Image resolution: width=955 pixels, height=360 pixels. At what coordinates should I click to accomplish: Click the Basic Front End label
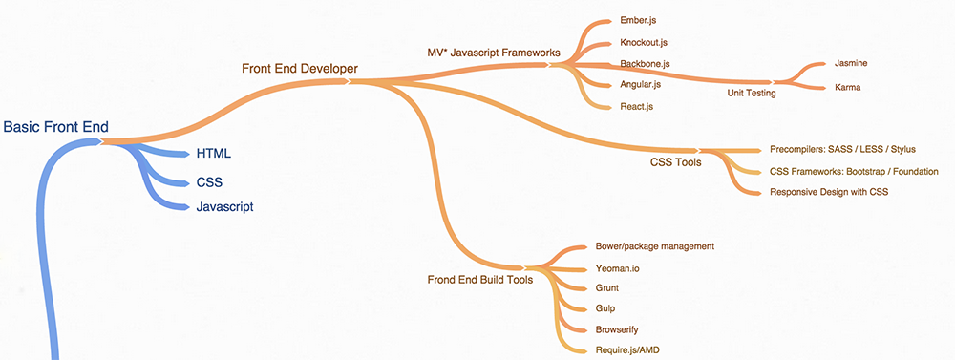click(56, 127)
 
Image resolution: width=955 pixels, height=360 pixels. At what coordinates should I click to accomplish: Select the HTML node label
click(213, 153)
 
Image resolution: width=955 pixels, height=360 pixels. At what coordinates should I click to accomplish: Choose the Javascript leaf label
click(224, 207)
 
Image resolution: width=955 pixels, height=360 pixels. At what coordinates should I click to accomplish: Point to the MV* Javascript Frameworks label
click(493, 53)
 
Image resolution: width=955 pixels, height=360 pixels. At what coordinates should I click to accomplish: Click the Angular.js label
click(640, 85)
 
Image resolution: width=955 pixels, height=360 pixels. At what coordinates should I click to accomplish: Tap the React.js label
click(636, 106)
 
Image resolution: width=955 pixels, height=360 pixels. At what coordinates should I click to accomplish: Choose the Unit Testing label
click(751, 94)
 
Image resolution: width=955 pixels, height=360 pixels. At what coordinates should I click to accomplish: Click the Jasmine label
click(850, 63)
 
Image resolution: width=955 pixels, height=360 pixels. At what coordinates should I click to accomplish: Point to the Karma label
click(847, 87)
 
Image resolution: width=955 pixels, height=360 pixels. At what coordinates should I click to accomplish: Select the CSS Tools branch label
click(675, 161)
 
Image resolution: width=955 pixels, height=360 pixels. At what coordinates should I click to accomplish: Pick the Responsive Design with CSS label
click(829, 192)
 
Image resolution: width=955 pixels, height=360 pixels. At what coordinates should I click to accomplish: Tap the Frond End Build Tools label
click(478, 280)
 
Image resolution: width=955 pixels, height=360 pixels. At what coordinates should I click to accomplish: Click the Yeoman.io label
click(617, 268)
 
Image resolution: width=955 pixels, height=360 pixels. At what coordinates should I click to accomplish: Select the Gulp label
click(605, 308)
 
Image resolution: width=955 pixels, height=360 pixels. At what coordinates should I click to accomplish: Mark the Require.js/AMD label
click(626, 349)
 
